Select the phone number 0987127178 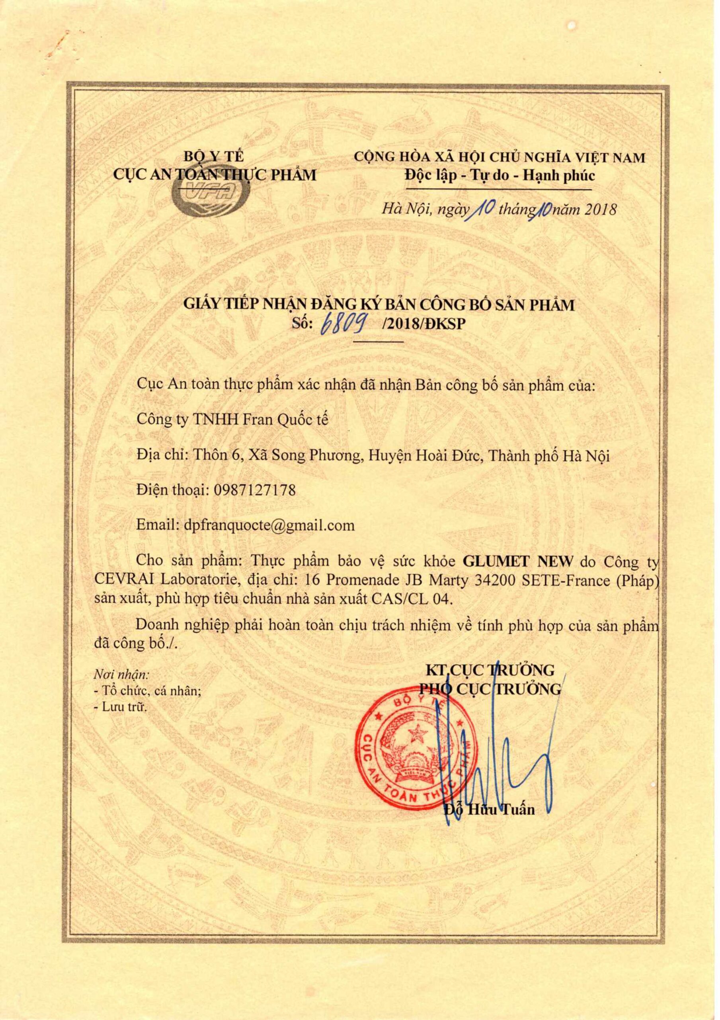[x=254, y=490]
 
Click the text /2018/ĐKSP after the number [x=422, y=325]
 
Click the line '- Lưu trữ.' [x=120, y=708]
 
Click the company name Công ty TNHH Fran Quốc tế [x=233, y=420]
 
